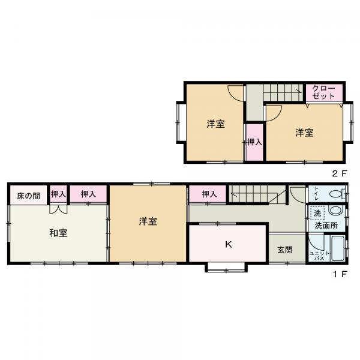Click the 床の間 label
28,196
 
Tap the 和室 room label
58,233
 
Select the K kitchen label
228,245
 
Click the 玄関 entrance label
285,250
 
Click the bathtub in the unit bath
338,248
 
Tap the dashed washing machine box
317,213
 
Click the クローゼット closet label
323,92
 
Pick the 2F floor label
340,173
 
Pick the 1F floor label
340,274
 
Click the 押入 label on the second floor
254,142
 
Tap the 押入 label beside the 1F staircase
209,194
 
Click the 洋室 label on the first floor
148,221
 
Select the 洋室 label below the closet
304,133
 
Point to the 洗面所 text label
326,226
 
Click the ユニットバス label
319,256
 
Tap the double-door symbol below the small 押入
58,209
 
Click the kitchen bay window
226,268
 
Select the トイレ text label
316,194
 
